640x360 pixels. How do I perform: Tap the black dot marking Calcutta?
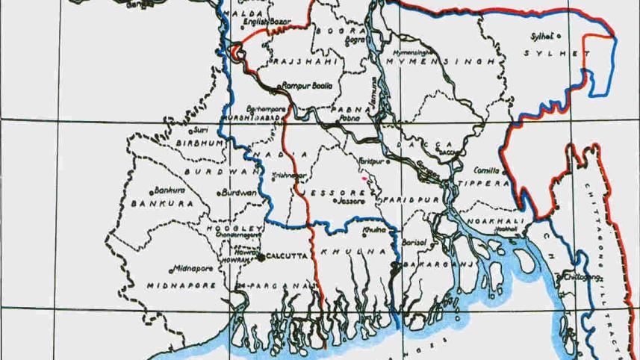[x=261, y=258]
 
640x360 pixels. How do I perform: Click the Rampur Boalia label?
[x=307, y=87]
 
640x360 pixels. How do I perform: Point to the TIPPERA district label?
[x=486, y=184]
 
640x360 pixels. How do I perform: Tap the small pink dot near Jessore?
[x=364, y=179]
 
